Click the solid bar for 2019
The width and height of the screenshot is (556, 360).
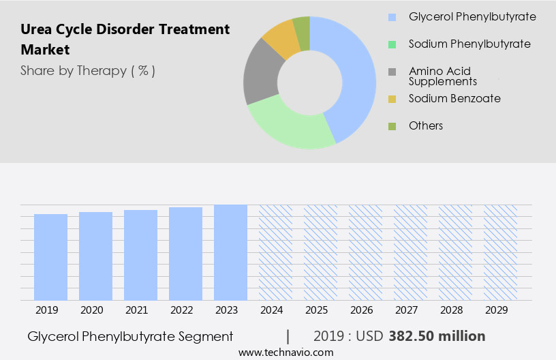[50, 257]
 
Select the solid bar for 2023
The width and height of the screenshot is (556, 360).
[230, 252]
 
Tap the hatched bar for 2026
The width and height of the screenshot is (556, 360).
[365, 252]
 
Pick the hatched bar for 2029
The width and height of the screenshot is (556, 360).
[500, 252]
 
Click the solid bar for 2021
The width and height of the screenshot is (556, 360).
[140, 255]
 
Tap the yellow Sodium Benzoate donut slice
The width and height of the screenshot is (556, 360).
[281, 39]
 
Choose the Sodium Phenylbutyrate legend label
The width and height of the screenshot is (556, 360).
[469, 44]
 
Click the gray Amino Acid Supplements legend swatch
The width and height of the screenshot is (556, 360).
[392, 72]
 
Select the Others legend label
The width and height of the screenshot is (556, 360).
[426, 126]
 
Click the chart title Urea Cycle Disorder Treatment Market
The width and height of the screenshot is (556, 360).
[125, 40]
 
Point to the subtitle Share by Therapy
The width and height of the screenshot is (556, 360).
[88, 71]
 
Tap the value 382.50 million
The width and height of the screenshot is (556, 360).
[437, 336]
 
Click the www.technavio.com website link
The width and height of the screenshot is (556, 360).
[286, 352]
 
